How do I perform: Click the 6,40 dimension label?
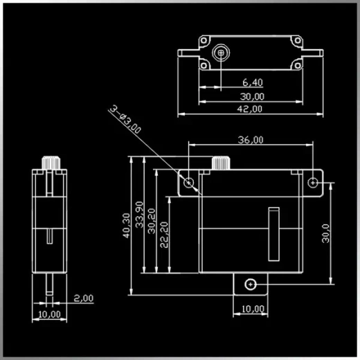pos(251,82)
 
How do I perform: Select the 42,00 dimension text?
pos(250,109)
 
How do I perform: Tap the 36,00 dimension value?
pos(250,139)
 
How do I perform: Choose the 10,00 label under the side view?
pos(49,314)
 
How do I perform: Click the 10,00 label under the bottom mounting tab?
pos(252,308)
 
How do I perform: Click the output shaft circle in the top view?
pos(221,52)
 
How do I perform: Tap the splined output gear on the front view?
pos(220,164)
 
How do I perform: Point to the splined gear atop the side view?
pos(49,161)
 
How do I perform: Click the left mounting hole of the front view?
pos(189,182)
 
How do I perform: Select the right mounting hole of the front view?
pos(313,182)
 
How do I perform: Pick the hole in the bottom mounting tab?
pos(250,283)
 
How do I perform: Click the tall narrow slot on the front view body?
pos(275,233)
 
